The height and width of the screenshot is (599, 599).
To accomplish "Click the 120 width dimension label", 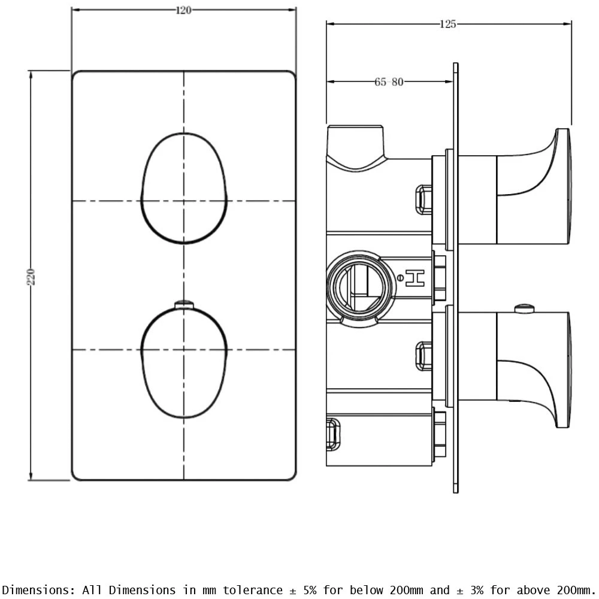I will [x=183, y=10].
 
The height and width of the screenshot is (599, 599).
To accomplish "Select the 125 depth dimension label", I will [x=447, y=24].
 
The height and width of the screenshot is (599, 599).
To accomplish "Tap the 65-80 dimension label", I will [x=389, y=82].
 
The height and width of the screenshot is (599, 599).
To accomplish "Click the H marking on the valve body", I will [x=416, y=277].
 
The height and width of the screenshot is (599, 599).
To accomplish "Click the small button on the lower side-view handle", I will [x=525, y=309].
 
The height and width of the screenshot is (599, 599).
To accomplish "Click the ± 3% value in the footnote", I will [x=474, y=590].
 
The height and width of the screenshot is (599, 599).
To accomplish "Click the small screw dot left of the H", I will [x=400, y=277].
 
